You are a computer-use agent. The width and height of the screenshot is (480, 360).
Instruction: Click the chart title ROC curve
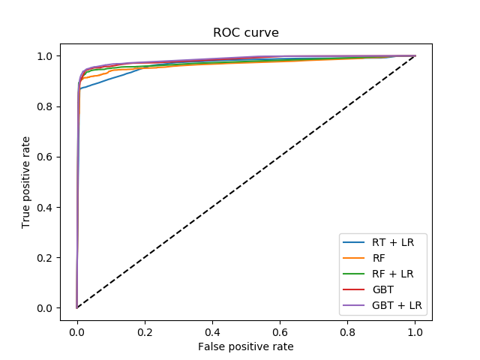[x=246, y=32]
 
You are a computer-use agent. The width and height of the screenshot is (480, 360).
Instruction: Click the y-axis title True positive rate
[x=26, y=182]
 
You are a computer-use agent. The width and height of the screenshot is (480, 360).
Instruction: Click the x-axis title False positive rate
[x=246, y=346]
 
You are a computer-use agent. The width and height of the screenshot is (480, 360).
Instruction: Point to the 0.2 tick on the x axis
[x=145, y=331]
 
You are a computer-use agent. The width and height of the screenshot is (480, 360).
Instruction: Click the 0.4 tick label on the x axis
[x=212, y=331]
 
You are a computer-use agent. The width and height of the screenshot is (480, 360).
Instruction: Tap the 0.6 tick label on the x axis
[x=280, y=331]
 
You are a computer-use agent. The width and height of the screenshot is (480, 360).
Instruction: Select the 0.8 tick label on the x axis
[x=347, y=331]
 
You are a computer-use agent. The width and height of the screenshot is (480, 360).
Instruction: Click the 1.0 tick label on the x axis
[x=415, y=331]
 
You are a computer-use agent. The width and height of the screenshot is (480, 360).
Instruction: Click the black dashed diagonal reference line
[x=246, y=181]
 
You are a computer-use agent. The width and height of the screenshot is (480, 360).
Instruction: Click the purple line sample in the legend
[x=353, y=305]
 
